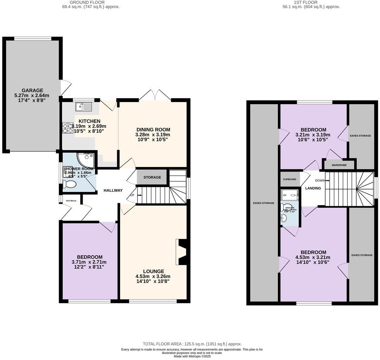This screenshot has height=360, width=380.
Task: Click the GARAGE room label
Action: tap(31, 90)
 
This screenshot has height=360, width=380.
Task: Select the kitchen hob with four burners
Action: tap(68, 128)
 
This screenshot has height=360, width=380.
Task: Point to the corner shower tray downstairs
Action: tap(86, 160)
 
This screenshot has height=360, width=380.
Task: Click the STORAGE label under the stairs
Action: tap(152, 177)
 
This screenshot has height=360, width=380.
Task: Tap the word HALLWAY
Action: tap(113, 191)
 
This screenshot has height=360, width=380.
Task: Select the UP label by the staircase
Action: tap(132, 195)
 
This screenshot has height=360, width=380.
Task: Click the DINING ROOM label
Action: tap(153, 129)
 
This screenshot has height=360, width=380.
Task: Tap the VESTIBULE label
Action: tap(71, 200)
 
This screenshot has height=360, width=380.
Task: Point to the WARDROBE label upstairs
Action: tap(339, 165)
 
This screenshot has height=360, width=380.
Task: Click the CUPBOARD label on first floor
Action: tap(290, 179)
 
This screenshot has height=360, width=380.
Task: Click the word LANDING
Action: tap(313, 188)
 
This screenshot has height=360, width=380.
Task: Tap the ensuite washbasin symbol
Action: tap(284, 219)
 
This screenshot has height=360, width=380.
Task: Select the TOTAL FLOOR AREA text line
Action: tap(192, 344)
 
